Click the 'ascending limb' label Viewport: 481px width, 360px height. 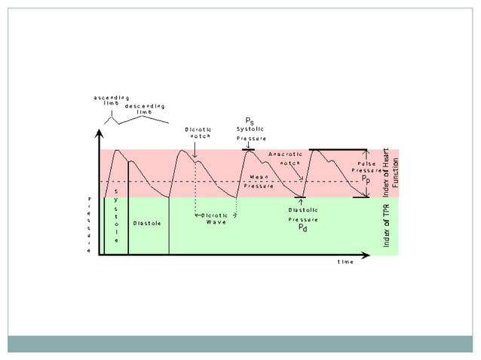pyautogui.click(x=111, y=99)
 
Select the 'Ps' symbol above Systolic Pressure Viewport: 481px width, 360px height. pyautogui.click(x=250, y=121)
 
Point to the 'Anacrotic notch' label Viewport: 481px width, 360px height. pyautogui.click(x=286, y=158)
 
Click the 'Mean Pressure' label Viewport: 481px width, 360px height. pyautogui.click(x=259, y=181)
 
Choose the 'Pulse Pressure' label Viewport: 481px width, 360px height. pyautogui.click(x=366, y=167)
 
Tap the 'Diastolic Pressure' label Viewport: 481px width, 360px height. pyautogui.click(x=302, y=215)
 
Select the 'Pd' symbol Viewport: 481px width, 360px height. pyautogui.click(x=302, y=227)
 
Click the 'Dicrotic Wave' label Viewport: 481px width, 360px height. pyautogui.click(x=216, y=218)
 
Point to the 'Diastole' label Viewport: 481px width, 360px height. pyautogui.click(x=146, y=223)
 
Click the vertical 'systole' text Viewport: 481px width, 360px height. pyautogui.click(x=115, y=215)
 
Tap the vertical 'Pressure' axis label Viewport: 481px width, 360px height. pyautogui.click(x=89, y=224)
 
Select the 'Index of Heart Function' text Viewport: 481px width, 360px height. pyautogui.click(x=391, y=168)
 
